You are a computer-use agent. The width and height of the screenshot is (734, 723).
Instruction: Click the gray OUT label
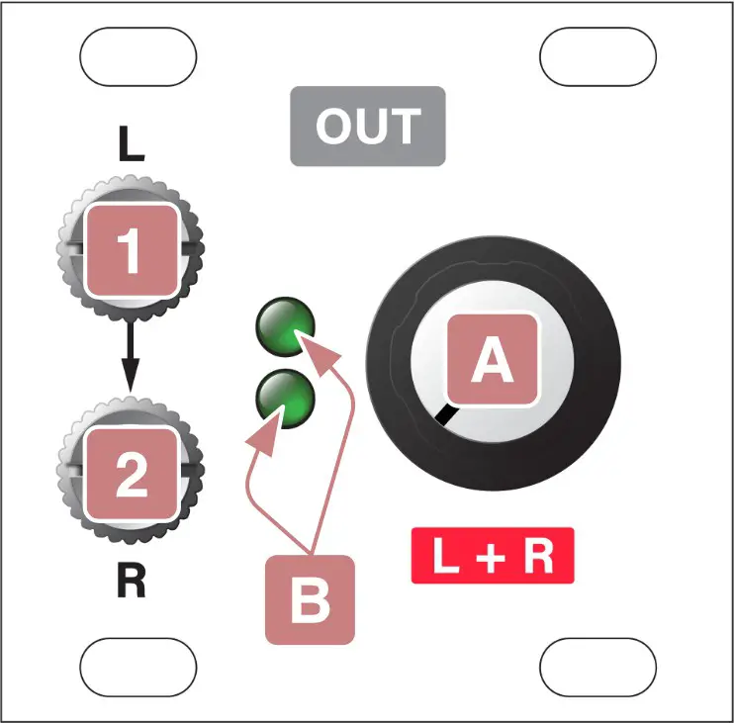pyautogui.click(x=367, y=126)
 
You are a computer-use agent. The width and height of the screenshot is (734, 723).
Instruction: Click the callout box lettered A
pyautogui.click(x=492, y=361)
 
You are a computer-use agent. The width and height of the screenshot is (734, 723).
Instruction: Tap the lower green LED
pyautogui.click(x=285, y=398)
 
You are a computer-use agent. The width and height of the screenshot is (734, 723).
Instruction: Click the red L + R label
pyautogui.click(x=492, y=556)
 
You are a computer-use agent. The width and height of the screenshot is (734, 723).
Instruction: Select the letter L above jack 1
pyautogui.click(x=131, y=144)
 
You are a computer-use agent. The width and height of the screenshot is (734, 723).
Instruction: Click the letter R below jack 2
pyautogui.click(x=131, y=584)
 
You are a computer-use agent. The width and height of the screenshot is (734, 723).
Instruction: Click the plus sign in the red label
pyautogui.click(x=492, y=557)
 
